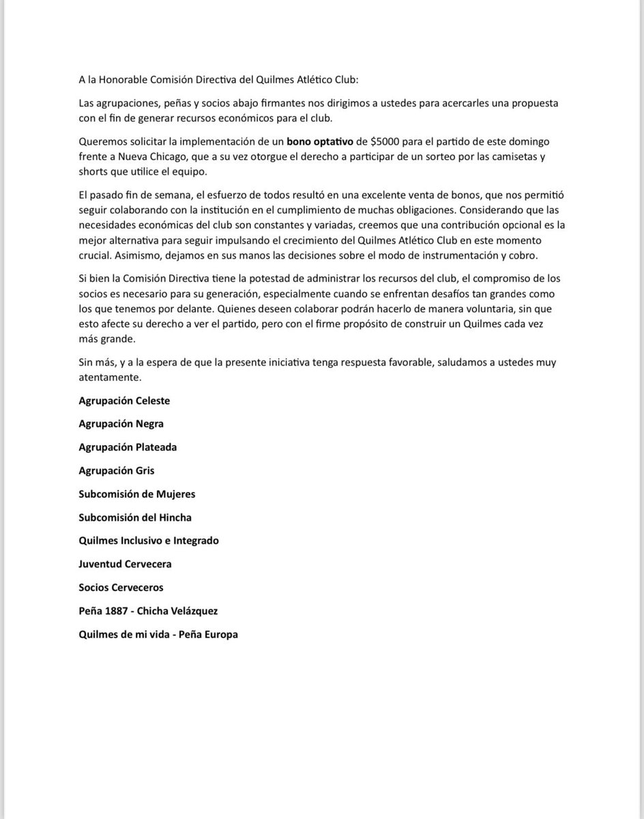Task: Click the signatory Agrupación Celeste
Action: (124, 401)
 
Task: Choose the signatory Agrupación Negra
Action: (121, 424)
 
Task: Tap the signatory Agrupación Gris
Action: (117, 470)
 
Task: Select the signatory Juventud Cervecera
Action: (125, 564)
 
